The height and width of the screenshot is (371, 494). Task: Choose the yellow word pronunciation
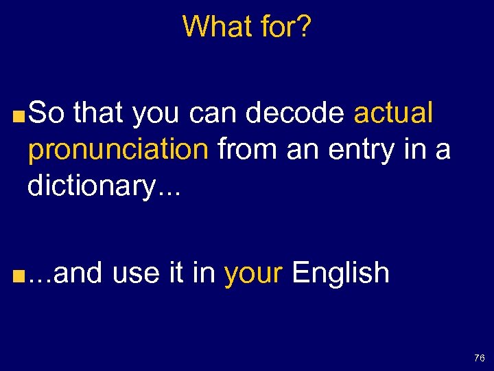pos(117,149)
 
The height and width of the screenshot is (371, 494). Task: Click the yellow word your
pos(253,273)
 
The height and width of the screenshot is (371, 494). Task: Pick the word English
pos(340,273)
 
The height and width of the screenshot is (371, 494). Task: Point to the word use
pos(135,273)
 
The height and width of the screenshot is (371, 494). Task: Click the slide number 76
pos(479,358)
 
